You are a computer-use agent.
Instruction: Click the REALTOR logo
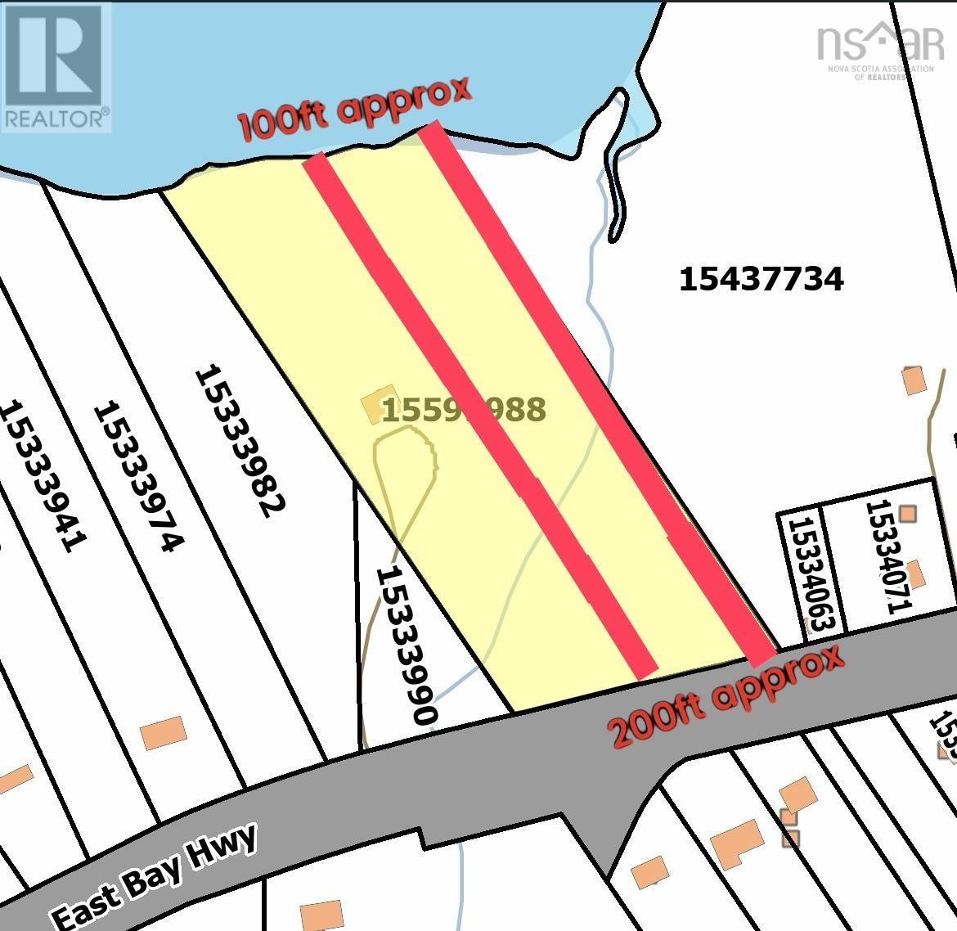point(56,65)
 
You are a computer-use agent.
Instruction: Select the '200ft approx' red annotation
point(727,697)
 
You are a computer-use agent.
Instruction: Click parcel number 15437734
point(761,280)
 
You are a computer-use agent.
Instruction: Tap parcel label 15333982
point(239,442)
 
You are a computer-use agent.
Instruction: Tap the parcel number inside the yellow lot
point(463,409)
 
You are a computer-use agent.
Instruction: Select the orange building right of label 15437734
point(913,380)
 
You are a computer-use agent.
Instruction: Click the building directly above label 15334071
point(906,514)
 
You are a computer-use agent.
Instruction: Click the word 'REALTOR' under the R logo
point(56,119)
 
